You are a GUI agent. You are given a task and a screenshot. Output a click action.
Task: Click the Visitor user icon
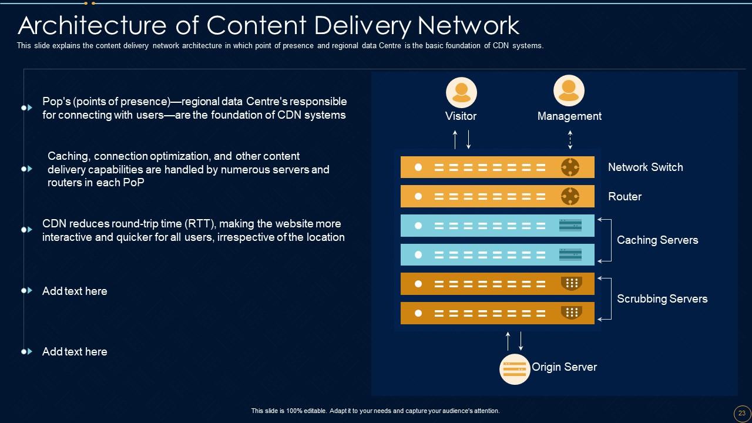[461, 92]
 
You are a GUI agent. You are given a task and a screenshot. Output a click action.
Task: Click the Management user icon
[569, 90]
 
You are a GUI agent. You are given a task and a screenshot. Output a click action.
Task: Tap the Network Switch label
[645, 167]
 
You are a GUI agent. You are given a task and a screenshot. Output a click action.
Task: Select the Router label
[625, 197]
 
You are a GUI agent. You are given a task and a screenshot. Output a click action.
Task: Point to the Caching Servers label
[657, 240]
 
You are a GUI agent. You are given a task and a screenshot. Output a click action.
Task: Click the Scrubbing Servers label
[662, 298]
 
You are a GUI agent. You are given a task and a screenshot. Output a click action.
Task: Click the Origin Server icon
[515, 369]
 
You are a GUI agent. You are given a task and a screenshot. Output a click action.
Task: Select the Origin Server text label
[564, 367]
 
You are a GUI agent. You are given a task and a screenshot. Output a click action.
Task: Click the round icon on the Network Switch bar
[570, 167]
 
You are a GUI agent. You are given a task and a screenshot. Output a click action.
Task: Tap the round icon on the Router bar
[570, 196]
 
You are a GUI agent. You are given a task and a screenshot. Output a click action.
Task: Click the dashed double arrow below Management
[570, 140]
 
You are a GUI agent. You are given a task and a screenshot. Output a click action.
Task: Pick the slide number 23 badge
[741, 412]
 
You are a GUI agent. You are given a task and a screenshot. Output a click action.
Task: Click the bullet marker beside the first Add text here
[26, 290]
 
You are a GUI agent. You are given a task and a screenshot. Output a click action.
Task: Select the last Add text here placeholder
[75, 352]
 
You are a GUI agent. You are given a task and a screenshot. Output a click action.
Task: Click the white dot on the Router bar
[418, 196]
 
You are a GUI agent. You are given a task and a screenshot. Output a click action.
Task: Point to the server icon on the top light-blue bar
[570, 225]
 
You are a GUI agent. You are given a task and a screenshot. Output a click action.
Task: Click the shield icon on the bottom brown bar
[571, 313]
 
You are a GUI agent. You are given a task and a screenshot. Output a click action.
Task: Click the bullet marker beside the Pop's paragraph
[26, 108]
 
